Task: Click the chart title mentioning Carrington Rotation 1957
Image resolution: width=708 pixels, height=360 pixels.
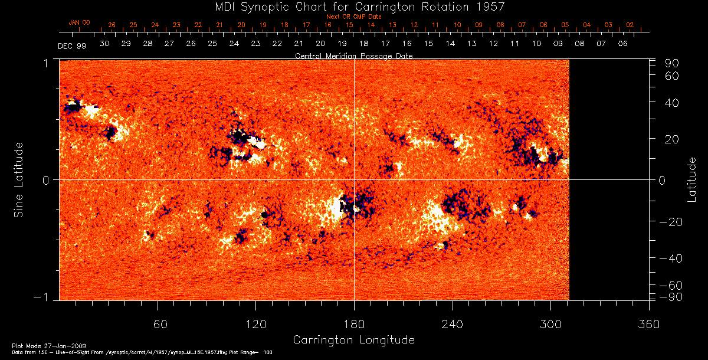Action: (353, 6)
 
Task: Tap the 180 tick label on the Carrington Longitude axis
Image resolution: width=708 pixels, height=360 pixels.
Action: (354, 324)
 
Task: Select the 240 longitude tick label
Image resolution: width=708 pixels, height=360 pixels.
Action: (453, 324)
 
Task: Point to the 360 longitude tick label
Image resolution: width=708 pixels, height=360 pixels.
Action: (649, 324)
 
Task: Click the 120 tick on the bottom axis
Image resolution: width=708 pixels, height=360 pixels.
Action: (255, 324)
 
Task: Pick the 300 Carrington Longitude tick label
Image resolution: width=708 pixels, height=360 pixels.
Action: (550, 324)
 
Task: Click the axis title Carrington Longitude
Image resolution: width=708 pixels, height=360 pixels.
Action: (353, 340)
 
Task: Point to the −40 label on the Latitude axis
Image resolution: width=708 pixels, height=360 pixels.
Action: (670, 258)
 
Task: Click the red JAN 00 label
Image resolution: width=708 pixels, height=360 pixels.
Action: (79, 22)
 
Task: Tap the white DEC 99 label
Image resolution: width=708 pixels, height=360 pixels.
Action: (72, 46)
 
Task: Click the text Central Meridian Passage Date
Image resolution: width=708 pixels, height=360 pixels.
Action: (353, 56)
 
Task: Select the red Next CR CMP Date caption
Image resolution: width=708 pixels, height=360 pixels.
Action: (353, 17)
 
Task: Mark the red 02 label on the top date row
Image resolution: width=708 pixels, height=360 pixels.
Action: (630, 25)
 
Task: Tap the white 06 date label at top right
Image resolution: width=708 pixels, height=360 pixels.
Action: (622, 44)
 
